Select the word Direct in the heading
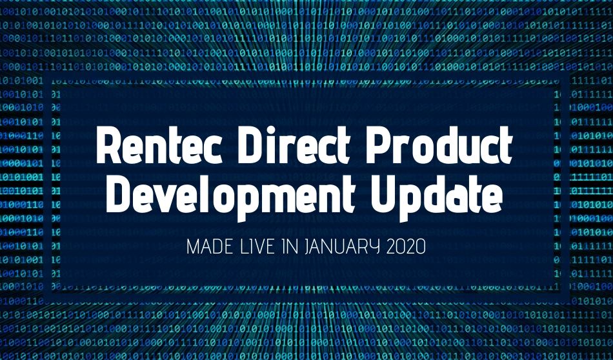pos(294,145)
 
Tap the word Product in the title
pos(439,145)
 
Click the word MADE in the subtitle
pos(210,247)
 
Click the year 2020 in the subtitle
pos(406,247)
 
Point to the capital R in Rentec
pos(110,145)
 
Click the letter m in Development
pos(290,198)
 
